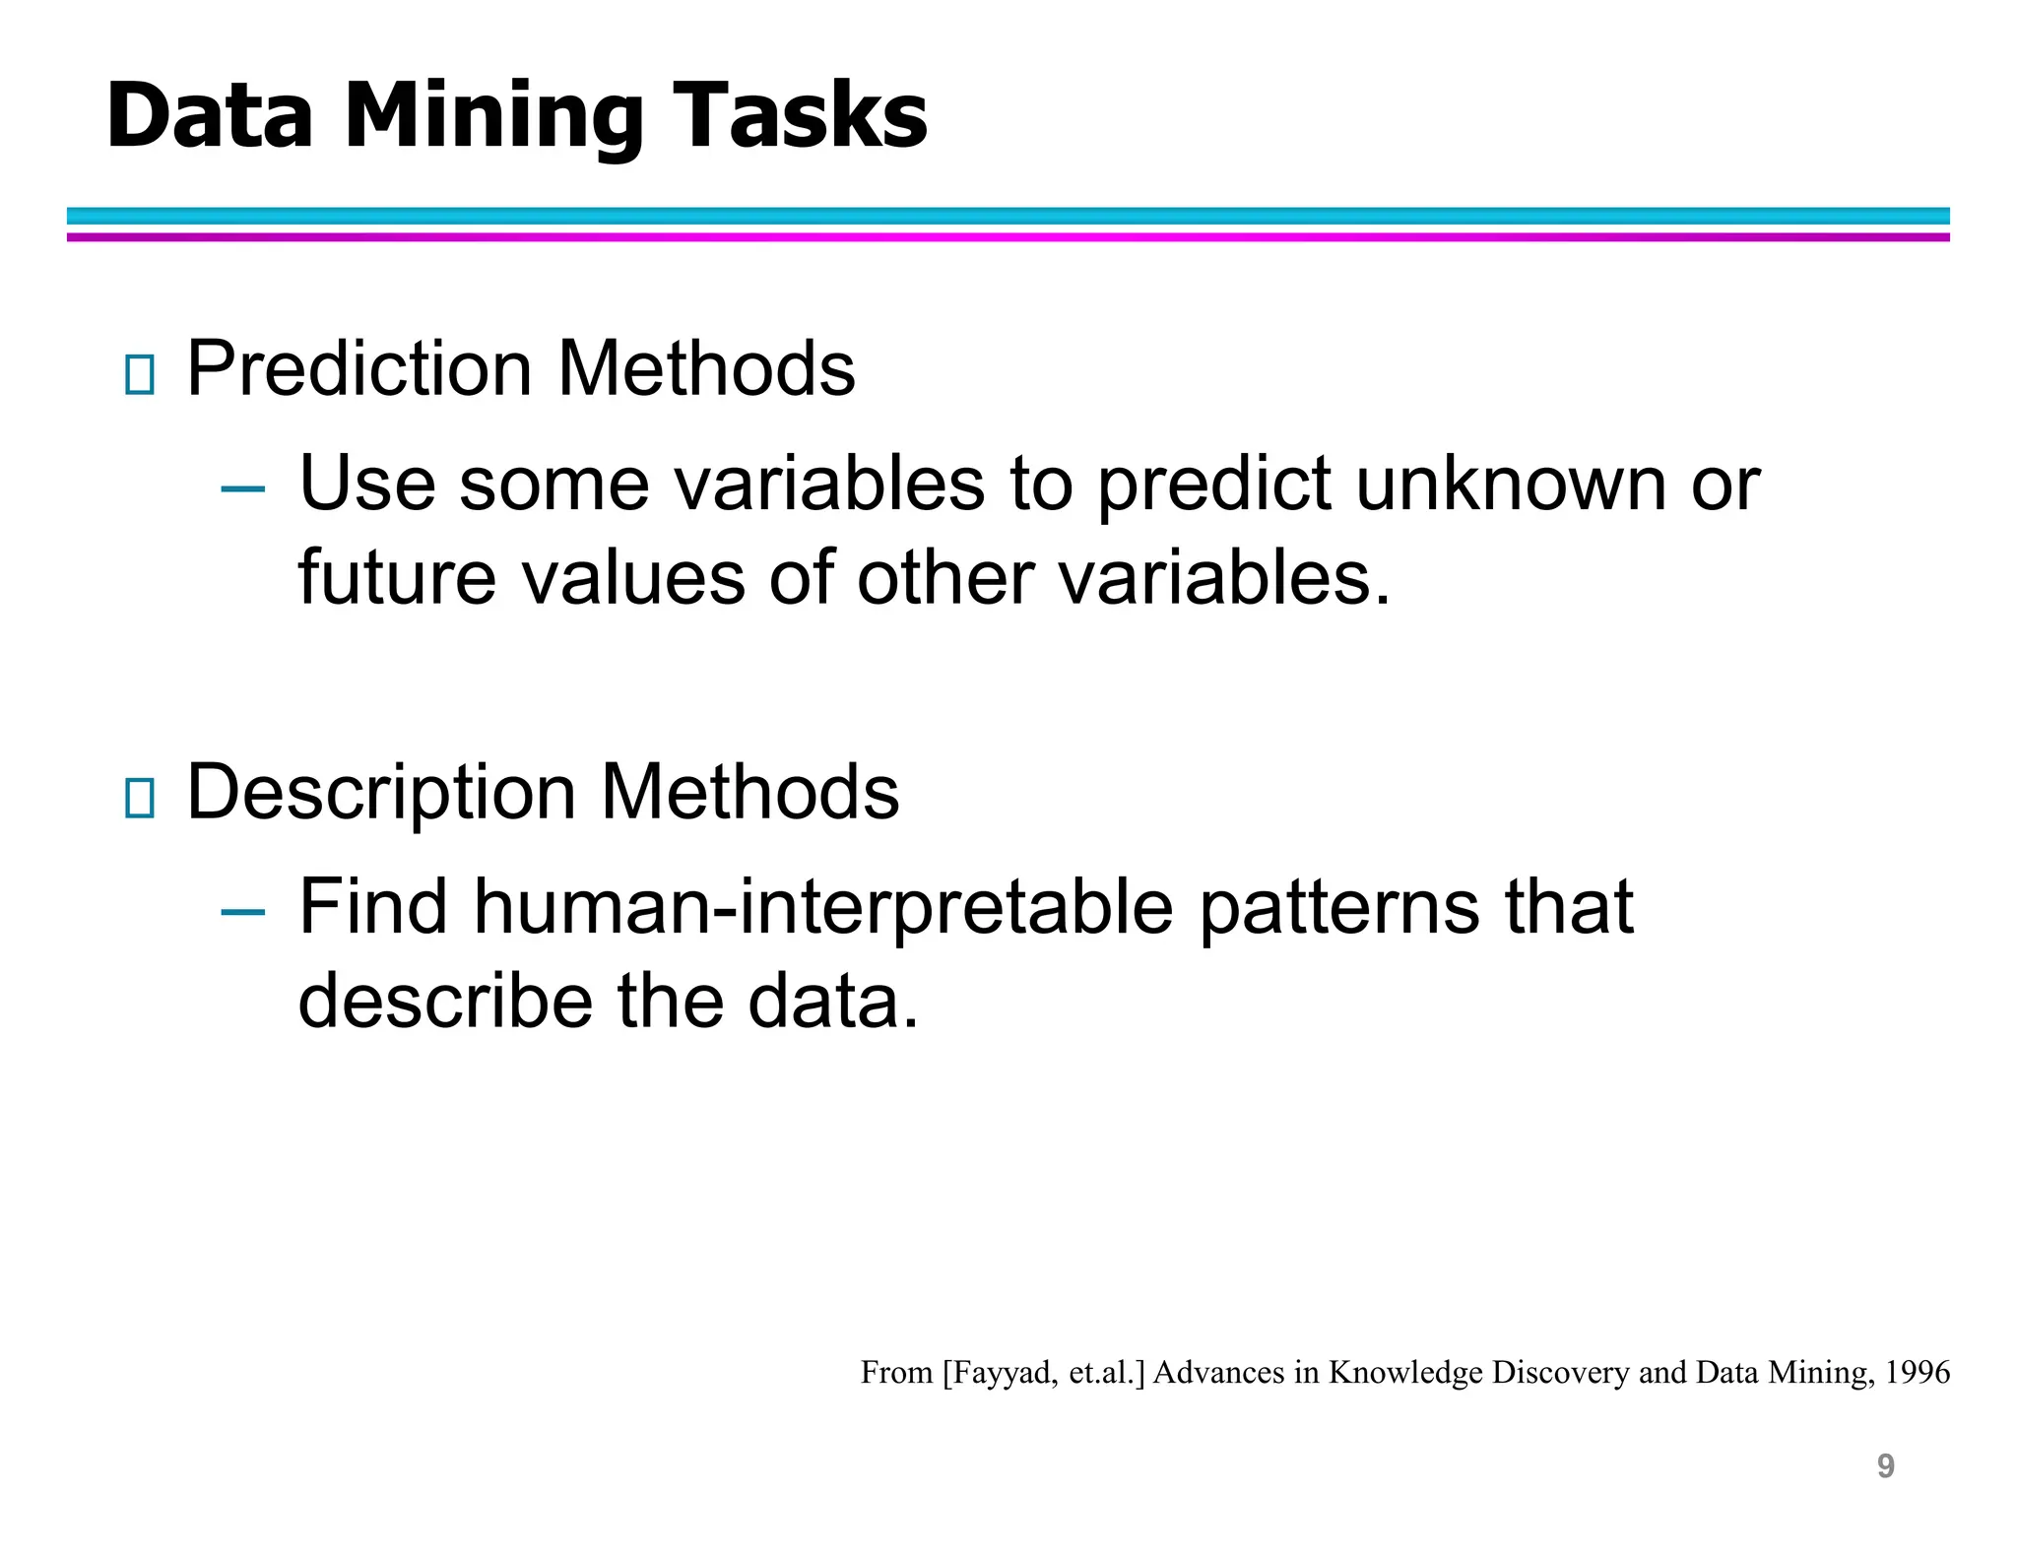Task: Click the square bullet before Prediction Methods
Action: click(x=140, y=374)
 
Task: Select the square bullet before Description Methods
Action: click(x=140, y=798)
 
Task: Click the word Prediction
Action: click(x=359, y=369)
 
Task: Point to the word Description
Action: click(x=381, y=793)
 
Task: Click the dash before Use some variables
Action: click(x=243, y=488)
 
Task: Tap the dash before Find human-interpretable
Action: click(x=243, y=912)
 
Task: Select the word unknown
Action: click(x=1512, y=485)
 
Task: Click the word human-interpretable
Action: click(x=823, y=908)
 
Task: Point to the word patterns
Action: click(x=1339, y=908)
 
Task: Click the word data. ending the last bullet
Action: click(x=832, y=1002)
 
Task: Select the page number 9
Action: click(x=1885, y=1466)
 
